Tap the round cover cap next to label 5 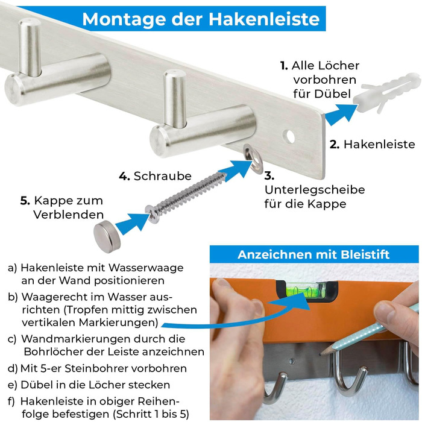point(107,236)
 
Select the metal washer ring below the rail point(253,158)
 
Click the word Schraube point(163,176)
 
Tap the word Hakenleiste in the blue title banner point(264,19)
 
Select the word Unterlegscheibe point(315,189)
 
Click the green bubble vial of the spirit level point(307,291)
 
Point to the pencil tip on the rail point(320,354)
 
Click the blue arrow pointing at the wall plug point(341,115)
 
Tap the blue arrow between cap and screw point(132,222)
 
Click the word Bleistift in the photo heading point(365,254)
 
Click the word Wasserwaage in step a point(146,268)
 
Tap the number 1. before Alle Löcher point(284,66)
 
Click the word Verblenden point(69,215)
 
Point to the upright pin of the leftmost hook point(30,47)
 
